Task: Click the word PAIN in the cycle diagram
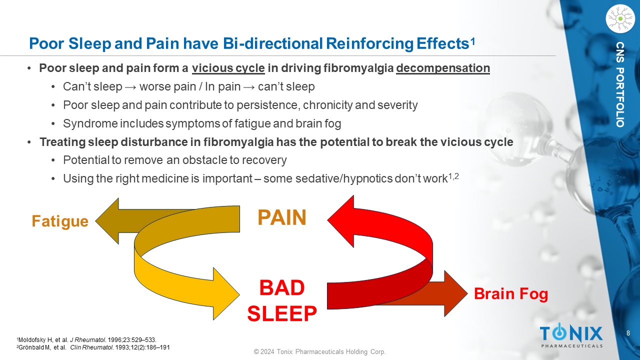coord(281,217)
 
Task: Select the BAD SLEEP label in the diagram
coord(282,301)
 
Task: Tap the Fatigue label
coord(60,221)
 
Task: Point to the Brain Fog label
coord(510,294)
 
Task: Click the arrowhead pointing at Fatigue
coord(107,220)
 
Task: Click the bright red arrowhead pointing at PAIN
coord(341,220)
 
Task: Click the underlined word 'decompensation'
coord(442,68)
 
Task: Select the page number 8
coord(628,333)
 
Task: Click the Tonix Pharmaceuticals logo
coord(571,335)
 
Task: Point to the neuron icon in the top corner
coord(619,18)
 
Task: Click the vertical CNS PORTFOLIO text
coord(620,84)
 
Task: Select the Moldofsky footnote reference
coord(82,340)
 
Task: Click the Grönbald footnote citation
coord(93,347)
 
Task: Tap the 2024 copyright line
coord(320,352)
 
